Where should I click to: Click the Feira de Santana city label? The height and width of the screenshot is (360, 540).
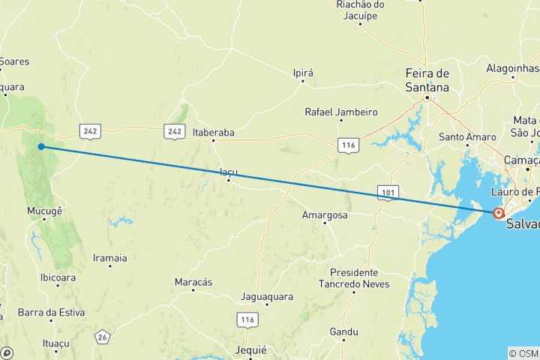tap(427, 79)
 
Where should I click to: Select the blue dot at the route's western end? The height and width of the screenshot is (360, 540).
tap(41, 146)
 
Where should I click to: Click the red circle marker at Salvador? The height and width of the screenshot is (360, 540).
tap(497, 214)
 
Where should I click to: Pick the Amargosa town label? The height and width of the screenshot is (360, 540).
tap(323, 214)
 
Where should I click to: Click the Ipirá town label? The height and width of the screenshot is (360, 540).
tap(302, 73)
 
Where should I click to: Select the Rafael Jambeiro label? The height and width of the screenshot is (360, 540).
tap(340, 112)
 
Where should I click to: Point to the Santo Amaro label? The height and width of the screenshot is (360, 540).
tap(467, 136)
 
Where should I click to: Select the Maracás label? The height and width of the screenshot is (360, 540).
tap(193, 281)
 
